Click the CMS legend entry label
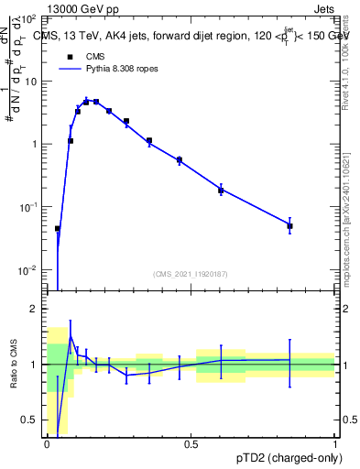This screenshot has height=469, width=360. pos(94,57)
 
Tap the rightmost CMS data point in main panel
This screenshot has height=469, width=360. pos(289,225)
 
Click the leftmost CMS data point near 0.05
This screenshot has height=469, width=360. pos(58,229)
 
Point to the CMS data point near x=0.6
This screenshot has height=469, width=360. pos(221,191)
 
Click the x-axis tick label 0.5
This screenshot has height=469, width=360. pos(191,442)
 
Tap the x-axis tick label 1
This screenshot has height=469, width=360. pos(335,442)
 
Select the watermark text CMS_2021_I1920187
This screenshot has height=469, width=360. pos(190,273)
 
